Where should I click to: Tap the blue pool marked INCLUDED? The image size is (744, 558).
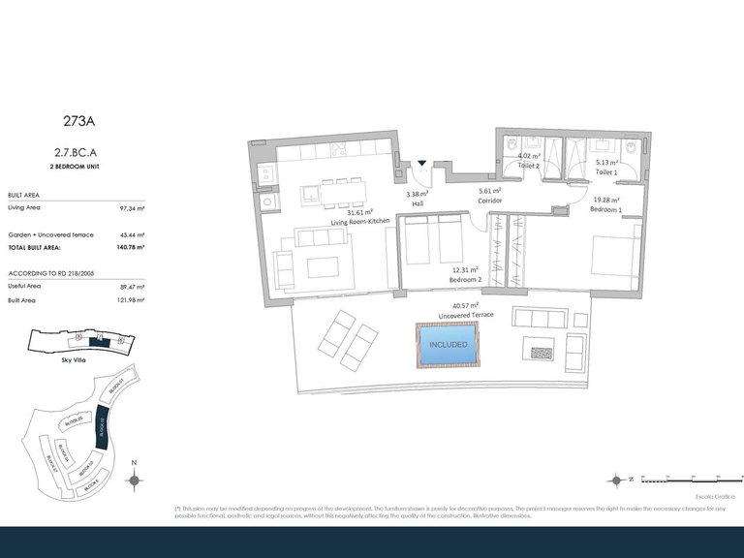click(448, 345)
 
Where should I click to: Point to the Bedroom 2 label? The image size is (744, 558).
click(465, 279)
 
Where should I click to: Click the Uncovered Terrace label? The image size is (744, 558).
click(466, 316)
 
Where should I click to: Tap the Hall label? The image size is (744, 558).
click(417, 203)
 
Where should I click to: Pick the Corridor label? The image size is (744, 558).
click(489, 201)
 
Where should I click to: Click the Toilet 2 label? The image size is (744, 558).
click(528, 166)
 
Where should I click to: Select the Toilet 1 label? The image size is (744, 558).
click(606, 172)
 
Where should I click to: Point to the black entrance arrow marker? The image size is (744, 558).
click(421, 165)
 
